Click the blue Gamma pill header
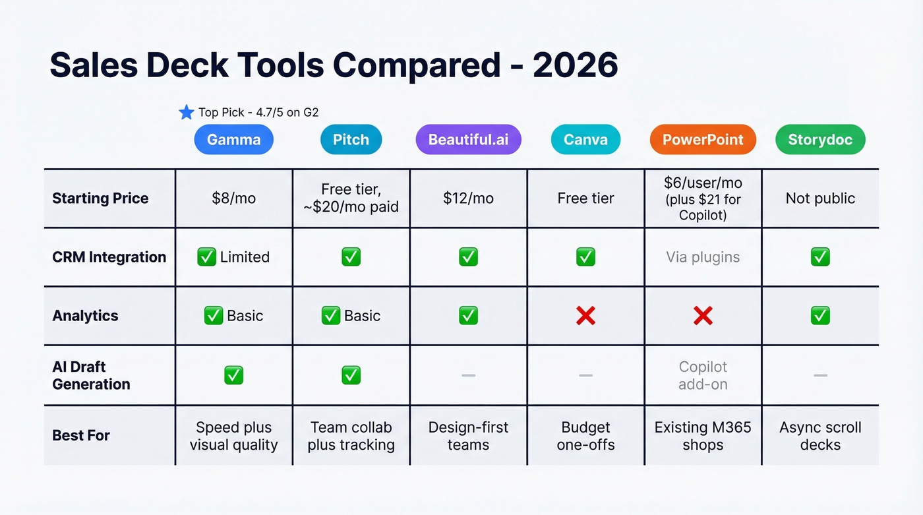click(x=233, y=140)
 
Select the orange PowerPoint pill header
click(x=703, y=140)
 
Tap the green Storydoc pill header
click(x=820, y=140)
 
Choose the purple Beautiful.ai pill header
click(x=468, y=140)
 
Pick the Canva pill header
click(x=585, y=140)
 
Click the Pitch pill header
click(x=351, y=140)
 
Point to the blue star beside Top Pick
click(x=187, y=113)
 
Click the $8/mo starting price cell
click(x=233, y=198)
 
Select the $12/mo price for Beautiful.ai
click(x=468, y=198)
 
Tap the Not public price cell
click(x=820, y=198)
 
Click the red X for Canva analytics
click(x=585, y=316)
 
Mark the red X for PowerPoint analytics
click(x=703, y=316)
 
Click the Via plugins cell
click(x=703, y=257)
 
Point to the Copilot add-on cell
click(x=703, y=375)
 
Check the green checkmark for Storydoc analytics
click(x=820, y=316)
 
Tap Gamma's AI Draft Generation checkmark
click(x=233, y=375)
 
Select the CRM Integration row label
click(x=109, y=257)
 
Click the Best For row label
click(x=81, y=435)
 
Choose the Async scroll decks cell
click(x=820, y=436)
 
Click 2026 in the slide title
click(x=575, y=65)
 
